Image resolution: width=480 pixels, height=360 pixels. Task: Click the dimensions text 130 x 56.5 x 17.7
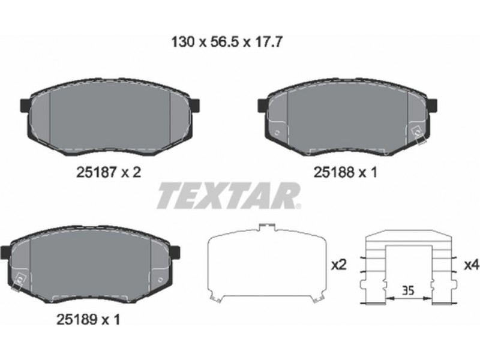226,42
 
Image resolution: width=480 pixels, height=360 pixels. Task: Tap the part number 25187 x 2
109,172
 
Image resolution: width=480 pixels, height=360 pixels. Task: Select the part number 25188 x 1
345,172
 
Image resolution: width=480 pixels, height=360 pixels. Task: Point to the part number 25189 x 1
88,320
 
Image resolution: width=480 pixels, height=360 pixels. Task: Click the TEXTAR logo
229,196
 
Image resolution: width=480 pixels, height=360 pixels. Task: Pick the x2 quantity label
339,265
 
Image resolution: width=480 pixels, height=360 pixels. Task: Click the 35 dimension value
408,290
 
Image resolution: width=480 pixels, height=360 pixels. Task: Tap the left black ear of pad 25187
25,105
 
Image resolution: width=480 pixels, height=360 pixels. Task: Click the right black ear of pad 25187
194,105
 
